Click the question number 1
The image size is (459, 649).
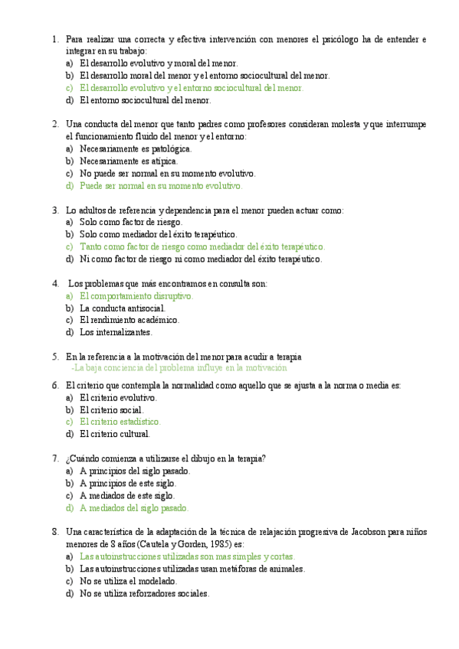(x=54, y=39)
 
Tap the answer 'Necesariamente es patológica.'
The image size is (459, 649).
(x=136, y=148)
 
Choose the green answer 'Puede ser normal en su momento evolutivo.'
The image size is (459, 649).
(x=161, y=185)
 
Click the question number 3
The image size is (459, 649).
(x=54, y=210)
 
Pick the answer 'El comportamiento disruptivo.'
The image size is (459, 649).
(x=136, y=295)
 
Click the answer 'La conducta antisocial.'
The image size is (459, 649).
(x=122, y=308)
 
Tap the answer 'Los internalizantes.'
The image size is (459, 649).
(x=116, y=332)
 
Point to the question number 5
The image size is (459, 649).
(x=54, y=357)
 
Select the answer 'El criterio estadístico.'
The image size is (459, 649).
(x=120, y=422)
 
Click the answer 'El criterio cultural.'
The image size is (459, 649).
(x=114, y=434)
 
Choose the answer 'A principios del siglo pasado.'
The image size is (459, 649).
(x=135, y=471)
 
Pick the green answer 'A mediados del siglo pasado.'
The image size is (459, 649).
(x=133, y=507)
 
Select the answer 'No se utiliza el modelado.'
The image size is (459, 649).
(x=128, y=581)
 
